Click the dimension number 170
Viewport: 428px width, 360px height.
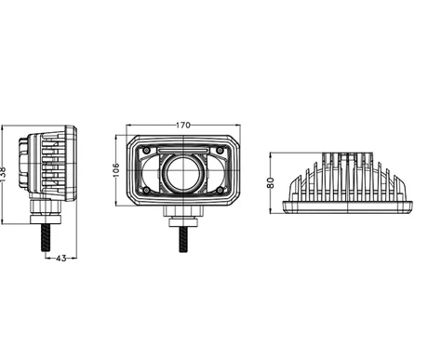(183, 124)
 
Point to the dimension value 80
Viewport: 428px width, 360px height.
(271, 182)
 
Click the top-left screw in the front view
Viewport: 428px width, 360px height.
(144, 150)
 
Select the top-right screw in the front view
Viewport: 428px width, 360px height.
(223, 150)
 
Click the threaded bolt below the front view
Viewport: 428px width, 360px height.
(183, 235)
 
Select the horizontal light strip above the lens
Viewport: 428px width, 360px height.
(183, 150)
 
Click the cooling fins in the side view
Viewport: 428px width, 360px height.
(51, 167)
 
